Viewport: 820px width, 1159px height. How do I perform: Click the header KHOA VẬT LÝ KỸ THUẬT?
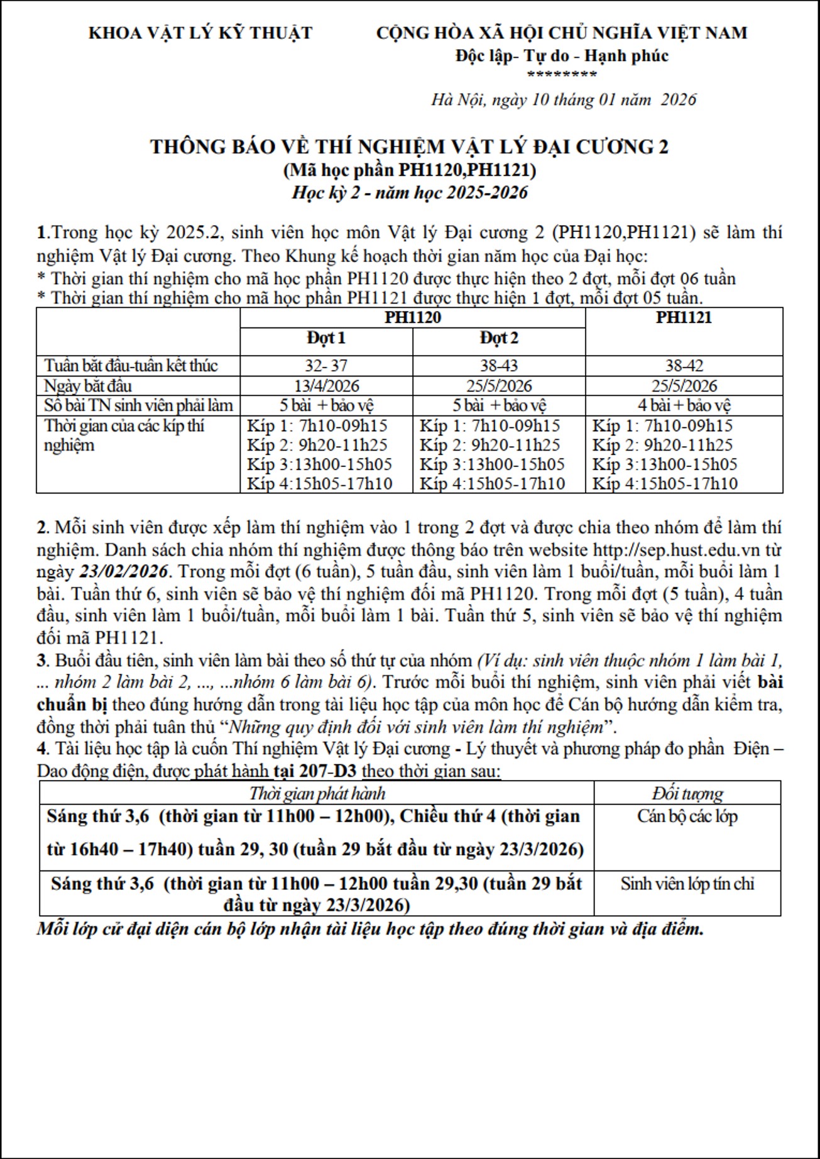[x=200, y=33]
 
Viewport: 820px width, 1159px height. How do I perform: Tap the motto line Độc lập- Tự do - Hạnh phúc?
[x=562, y=56]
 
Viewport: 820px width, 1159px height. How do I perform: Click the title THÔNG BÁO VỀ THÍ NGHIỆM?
[x=409, y=146]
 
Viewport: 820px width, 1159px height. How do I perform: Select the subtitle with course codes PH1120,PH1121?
[x=409, y=170]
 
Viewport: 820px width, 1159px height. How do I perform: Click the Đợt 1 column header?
[x=326, y=338]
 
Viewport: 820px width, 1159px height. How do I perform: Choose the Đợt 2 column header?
[x=499, y=338]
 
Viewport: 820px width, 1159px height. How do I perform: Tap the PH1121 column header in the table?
[x=684, y=317]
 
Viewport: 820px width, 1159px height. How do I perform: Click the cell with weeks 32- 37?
[x=326, y=365]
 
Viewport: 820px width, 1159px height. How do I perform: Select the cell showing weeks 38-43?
[x=499, y=365]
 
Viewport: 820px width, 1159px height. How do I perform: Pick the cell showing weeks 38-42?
[x=684, y=365]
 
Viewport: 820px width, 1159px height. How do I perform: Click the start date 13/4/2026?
[x=326, y=385]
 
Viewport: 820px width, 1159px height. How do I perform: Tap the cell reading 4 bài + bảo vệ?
[x=684, y=405]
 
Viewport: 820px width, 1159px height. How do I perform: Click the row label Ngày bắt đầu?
[x=88, y=385]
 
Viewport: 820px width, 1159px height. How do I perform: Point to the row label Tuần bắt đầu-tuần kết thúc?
[x=131, y=365]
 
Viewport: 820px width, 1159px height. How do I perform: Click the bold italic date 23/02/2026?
[x=123, y=571]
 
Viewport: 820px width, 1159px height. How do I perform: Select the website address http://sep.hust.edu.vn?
[x=677, y=549]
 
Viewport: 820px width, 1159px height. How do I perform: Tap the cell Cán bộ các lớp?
[x=687, y=816]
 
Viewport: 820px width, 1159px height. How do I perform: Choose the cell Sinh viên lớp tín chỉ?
[x=687, y=883]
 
